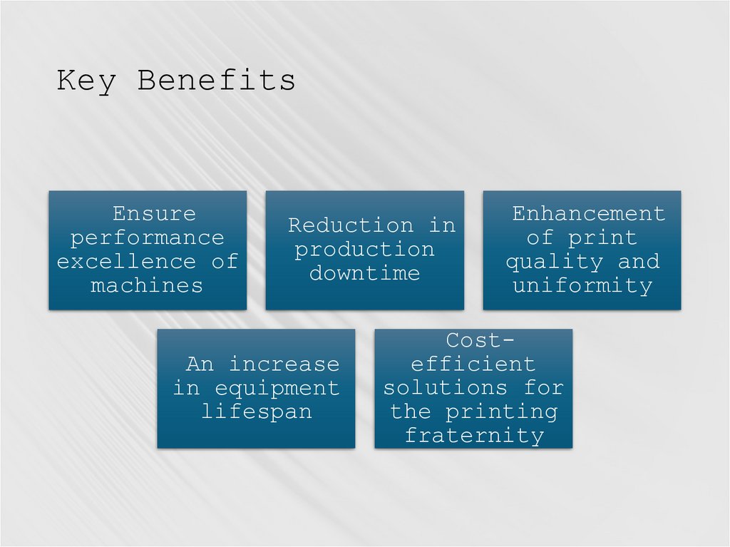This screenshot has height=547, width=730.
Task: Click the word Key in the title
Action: coord(86,80)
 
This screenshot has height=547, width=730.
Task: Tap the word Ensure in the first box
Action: coord(154,213)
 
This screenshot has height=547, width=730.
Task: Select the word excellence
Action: coord(126,262)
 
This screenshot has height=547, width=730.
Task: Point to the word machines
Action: coord(147,286)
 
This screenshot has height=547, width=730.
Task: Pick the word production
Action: coord(364,250)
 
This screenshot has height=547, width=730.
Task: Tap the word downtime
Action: coord(364,273)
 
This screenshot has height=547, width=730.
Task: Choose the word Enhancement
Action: coord(588,213)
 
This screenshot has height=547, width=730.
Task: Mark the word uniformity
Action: coord(582,286)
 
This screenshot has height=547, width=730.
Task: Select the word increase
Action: coord(284,364)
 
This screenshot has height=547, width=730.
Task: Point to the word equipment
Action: coord(277,389)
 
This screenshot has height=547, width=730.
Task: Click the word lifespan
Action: coord(256,412)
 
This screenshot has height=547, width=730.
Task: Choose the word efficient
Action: coord(473,364)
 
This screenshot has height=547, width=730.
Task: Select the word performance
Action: coord(147,237)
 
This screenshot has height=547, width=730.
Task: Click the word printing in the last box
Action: coord(501,412)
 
